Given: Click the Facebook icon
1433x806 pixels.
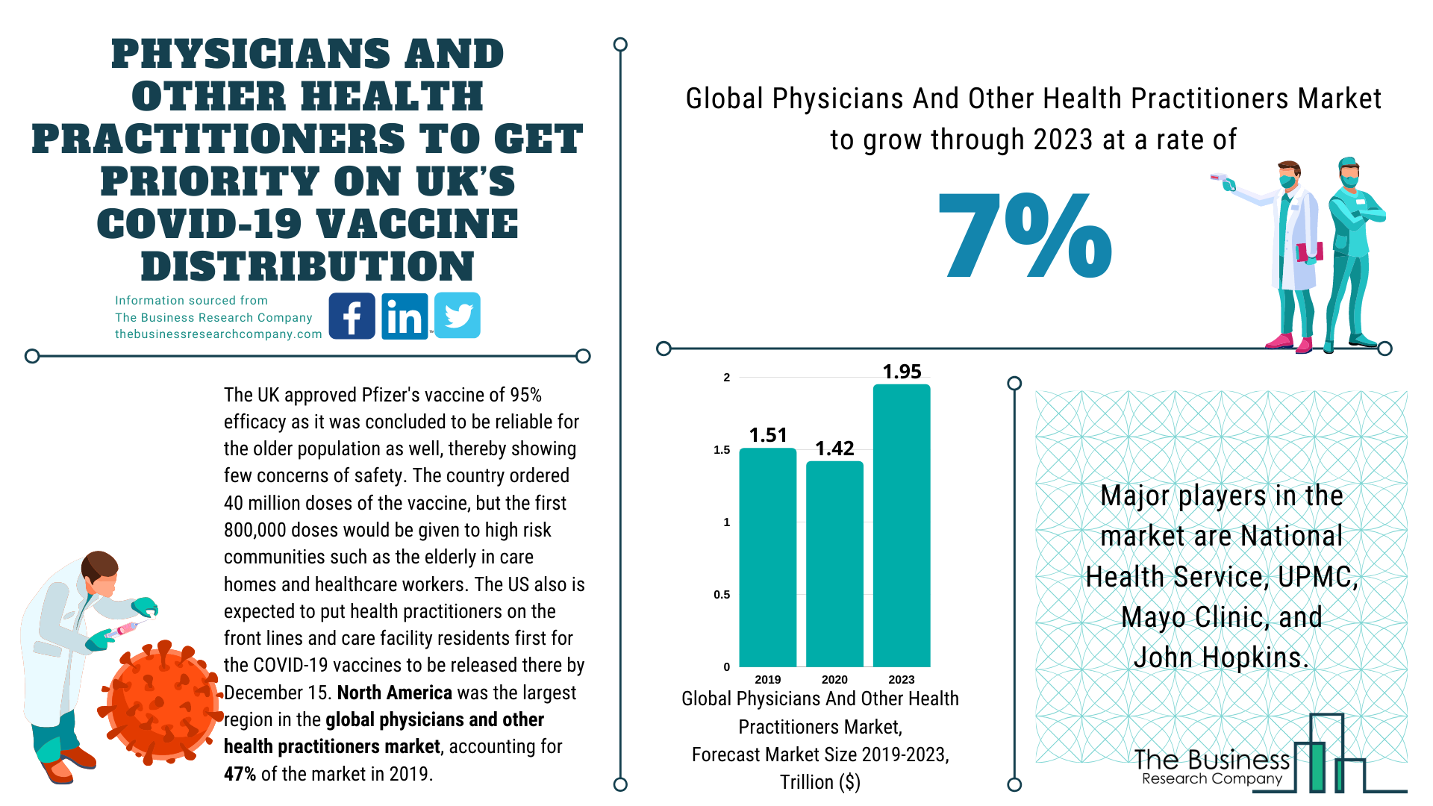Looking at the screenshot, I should click(x=352, y=316).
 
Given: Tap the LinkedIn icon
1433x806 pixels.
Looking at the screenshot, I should click(x=405, y=316).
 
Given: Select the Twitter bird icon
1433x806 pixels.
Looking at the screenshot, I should click(x=458, y=316).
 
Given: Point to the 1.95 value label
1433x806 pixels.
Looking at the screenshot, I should click(x=902, y=372).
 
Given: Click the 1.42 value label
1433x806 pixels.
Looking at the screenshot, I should click(x=834, y=449).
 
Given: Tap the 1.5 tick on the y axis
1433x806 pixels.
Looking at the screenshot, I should click(x=722, y=450).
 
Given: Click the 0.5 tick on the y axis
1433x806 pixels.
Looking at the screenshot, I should click(x=722, y=595).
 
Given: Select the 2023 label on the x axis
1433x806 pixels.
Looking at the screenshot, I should click(x=902, y=679).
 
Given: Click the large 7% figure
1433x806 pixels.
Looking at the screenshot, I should click(x=1025, y=236).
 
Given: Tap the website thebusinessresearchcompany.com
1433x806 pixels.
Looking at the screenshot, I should click(x=218, y=334).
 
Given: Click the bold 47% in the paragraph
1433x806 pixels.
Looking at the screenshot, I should click(x=240, y=774).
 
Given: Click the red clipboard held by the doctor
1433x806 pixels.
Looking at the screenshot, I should click(x=1309, y=252).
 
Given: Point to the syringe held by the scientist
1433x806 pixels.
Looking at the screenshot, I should click(x=127, y=628).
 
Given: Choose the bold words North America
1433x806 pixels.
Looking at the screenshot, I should click(x=394, y=693).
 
